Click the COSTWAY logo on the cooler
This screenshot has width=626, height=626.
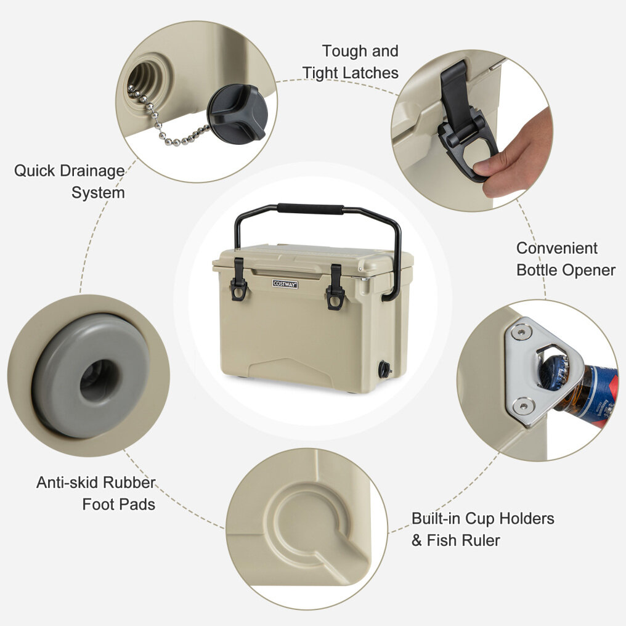coord(285,284)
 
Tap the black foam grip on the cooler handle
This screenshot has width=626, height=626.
coord(310,208)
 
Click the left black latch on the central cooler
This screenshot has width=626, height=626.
coord(238,279)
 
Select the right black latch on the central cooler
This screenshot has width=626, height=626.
coord(336,287)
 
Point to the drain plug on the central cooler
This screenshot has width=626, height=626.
coord(385,368)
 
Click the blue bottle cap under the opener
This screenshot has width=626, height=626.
coord(551,369)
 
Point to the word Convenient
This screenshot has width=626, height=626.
coord(556,248)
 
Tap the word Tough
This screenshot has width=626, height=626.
coord(344,52)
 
